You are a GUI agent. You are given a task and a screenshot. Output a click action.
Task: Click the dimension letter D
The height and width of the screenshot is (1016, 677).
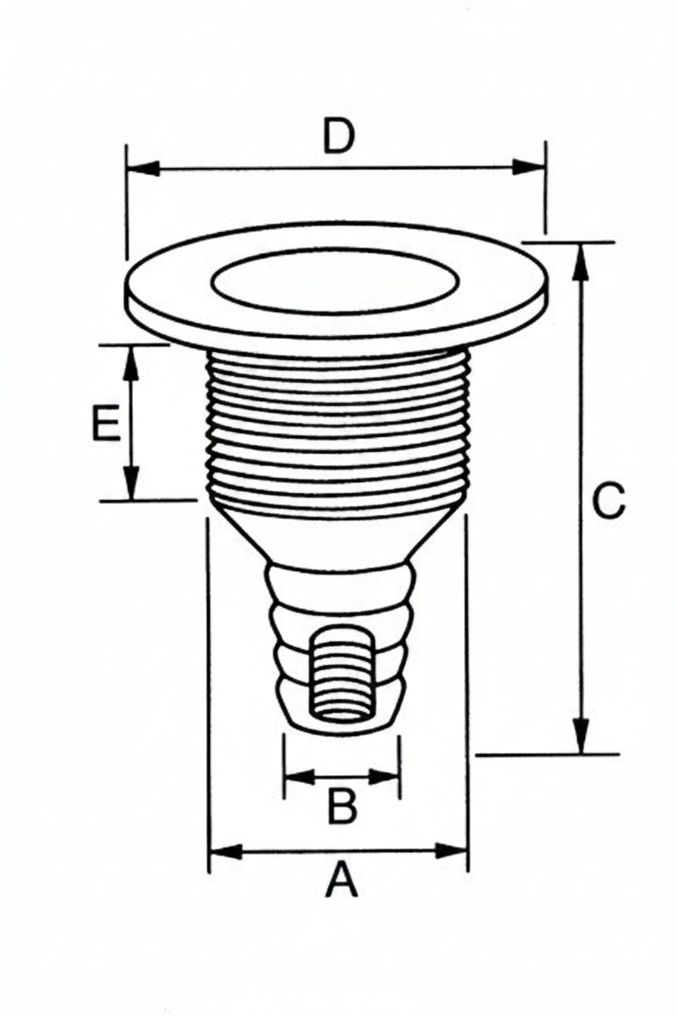[x=338, y=136]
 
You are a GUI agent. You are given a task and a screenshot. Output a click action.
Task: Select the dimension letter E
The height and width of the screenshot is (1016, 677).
[x=107, y=423]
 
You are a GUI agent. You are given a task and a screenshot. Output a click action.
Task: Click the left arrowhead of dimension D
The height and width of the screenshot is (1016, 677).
[x=144, y=169]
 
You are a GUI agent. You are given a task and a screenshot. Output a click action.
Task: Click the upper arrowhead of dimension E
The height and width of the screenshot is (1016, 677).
[x=131, y=363]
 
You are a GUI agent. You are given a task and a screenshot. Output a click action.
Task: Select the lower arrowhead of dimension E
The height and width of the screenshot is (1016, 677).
[x=131, y=483]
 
